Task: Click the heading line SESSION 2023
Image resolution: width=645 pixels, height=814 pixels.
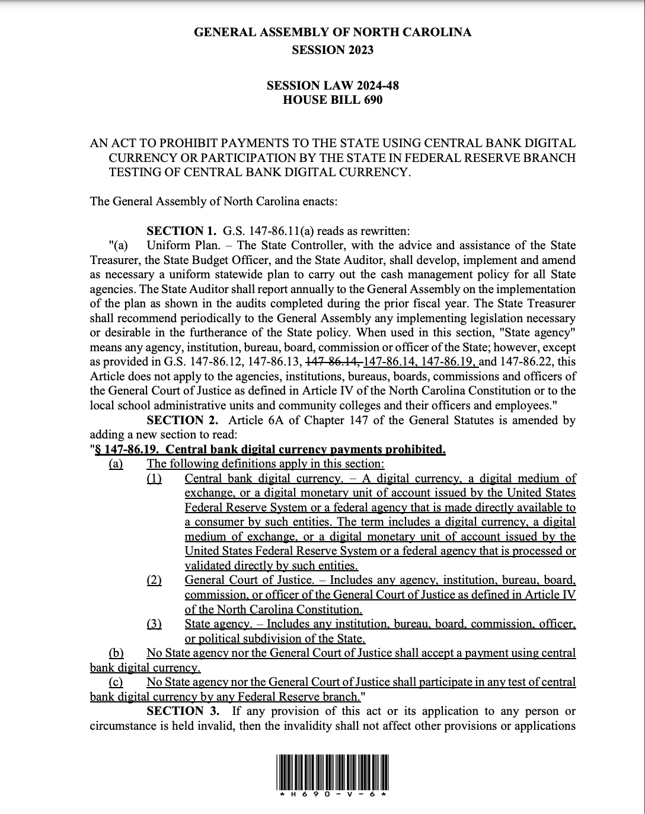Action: pos(333,50)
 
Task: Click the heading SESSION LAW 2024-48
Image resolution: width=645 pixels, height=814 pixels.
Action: pos(333,85)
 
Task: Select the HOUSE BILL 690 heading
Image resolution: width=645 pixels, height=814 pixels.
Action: pos(333,100)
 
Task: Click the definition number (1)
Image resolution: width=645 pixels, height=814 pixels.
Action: pos(154,478)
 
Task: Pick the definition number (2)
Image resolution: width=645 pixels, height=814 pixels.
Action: pos(154,580)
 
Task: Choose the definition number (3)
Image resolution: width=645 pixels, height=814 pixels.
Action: pos(154,624)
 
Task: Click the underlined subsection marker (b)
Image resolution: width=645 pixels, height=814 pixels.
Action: pos(116,653)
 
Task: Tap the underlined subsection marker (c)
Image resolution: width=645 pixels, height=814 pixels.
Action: pos(116,682)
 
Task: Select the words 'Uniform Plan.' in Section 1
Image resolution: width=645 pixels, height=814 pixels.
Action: pos(177,246)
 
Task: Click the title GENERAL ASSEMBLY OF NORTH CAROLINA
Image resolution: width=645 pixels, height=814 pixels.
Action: pos(333,33)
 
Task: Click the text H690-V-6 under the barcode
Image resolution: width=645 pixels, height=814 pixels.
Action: pos(333,794)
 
